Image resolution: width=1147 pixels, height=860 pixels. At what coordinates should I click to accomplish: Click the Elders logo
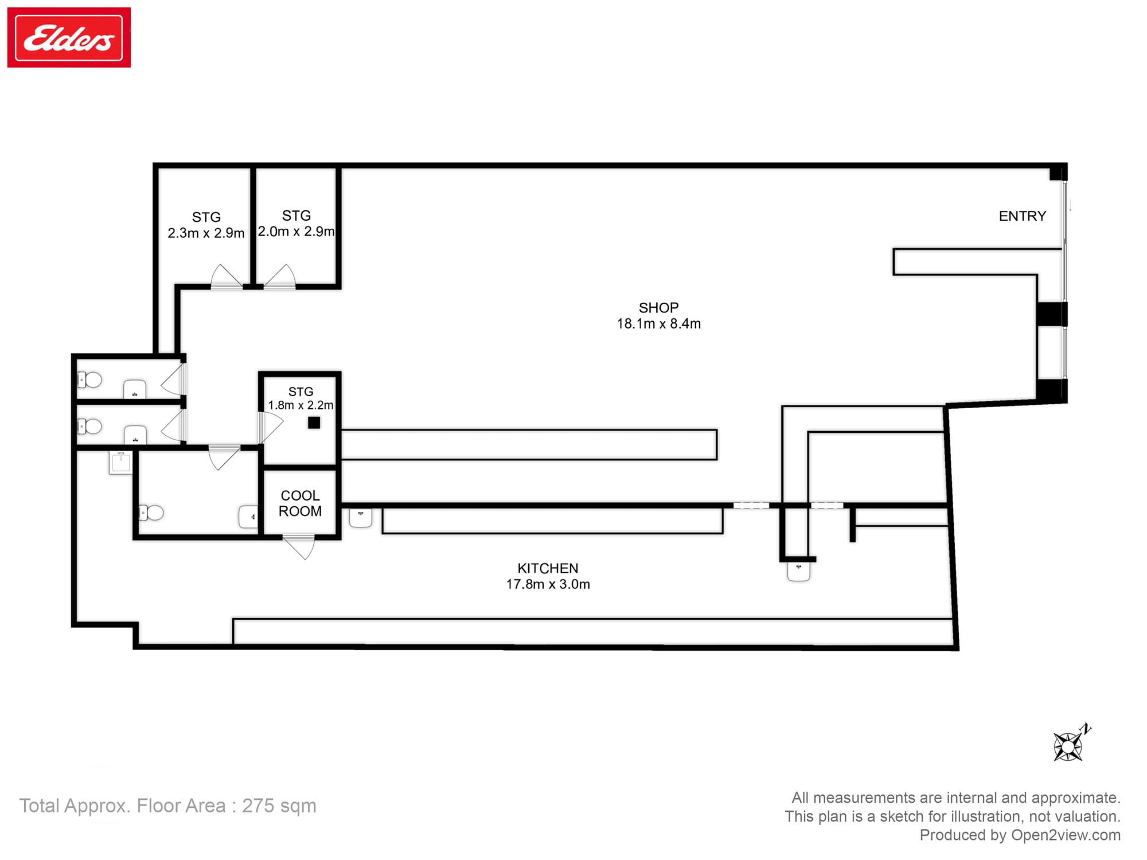tap(69, 37)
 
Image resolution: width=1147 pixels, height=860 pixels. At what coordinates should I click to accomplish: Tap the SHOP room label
tap(658, 308)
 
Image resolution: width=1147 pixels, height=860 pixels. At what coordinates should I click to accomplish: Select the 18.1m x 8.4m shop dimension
tap(658, 324)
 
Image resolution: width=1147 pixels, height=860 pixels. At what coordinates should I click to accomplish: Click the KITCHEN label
tap(548, 568)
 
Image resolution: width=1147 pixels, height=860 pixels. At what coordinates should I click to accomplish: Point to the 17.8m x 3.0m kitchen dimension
tap(548, 584)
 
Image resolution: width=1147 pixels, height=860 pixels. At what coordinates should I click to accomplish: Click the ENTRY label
tap(1022, 216)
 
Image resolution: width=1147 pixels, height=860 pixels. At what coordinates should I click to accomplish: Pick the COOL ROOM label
tap(300, 503)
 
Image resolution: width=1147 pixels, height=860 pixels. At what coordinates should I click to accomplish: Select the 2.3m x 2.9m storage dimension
tap(206, 233)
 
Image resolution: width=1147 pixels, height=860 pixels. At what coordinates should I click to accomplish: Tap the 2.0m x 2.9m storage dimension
tap(296, 232)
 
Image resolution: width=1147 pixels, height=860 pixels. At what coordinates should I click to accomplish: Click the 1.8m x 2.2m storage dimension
tap(301, 405)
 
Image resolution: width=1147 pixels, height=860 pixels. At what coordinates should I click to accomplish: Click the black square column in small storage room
tap(314, 423)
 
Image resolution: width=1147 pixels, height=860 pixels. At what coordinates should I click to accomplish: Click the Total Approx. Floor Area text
tap(168, 806)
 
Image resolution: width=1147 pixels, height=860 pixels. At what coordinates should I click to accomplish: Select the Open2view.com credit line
tap(1020, 835)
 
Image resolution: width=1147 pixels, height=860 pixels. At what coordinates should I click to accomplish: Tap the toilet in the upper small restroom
tap(89, 380)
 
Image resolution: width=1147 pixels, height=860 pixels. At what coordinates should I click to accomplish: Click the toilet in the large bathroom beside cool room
tap(151, 513)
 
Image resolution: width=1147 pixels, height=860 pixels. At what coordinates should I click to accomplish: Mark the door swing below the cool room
tap(299, 547)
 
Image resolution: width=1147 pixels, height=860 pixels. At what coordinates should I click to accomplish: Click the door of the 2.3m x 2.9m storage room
tap(226, 276)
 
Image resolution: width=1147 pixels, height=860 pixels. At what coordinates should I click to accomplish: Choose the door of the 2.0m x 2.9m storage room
tap(280, 276)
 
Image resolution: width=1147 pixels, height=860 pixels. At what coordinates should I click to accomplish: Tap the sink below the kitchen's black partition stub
tap(798, 572)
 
